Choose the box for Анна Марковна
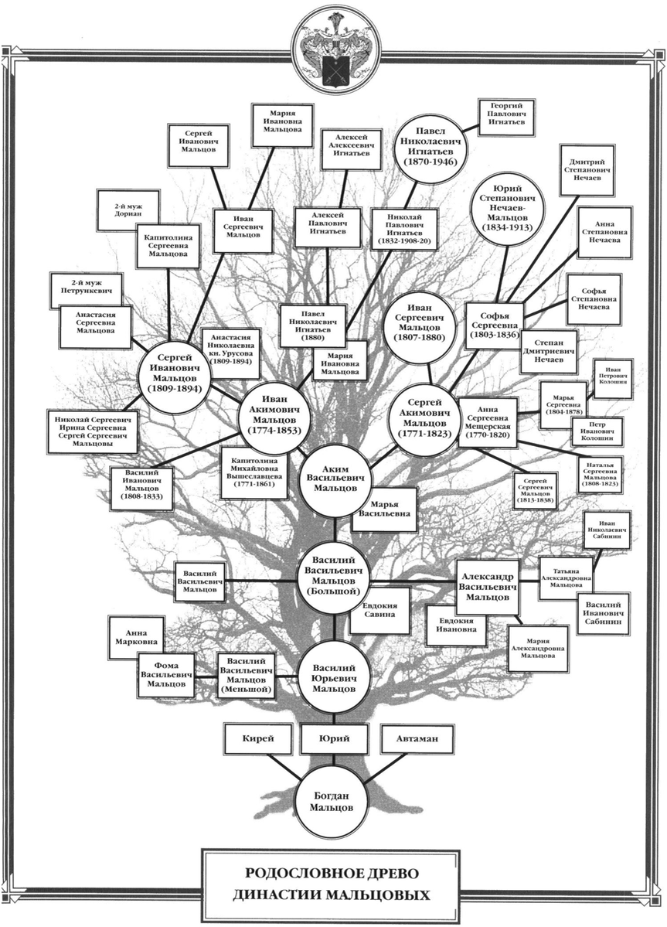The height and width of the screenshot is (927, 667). coord(136,636)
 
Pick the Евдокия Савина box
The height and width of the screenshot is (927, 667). coord(379,611)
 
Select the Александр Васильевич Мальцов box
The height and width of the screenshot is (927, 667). coord(487,586)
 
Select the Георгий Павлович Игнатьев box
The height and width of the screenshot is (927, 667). coord(507,117)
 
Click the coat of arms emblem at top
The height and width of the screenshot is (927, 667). coord(333,48)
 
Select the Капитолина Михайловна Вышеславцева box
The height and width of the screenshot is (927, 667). coord(254,472)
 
